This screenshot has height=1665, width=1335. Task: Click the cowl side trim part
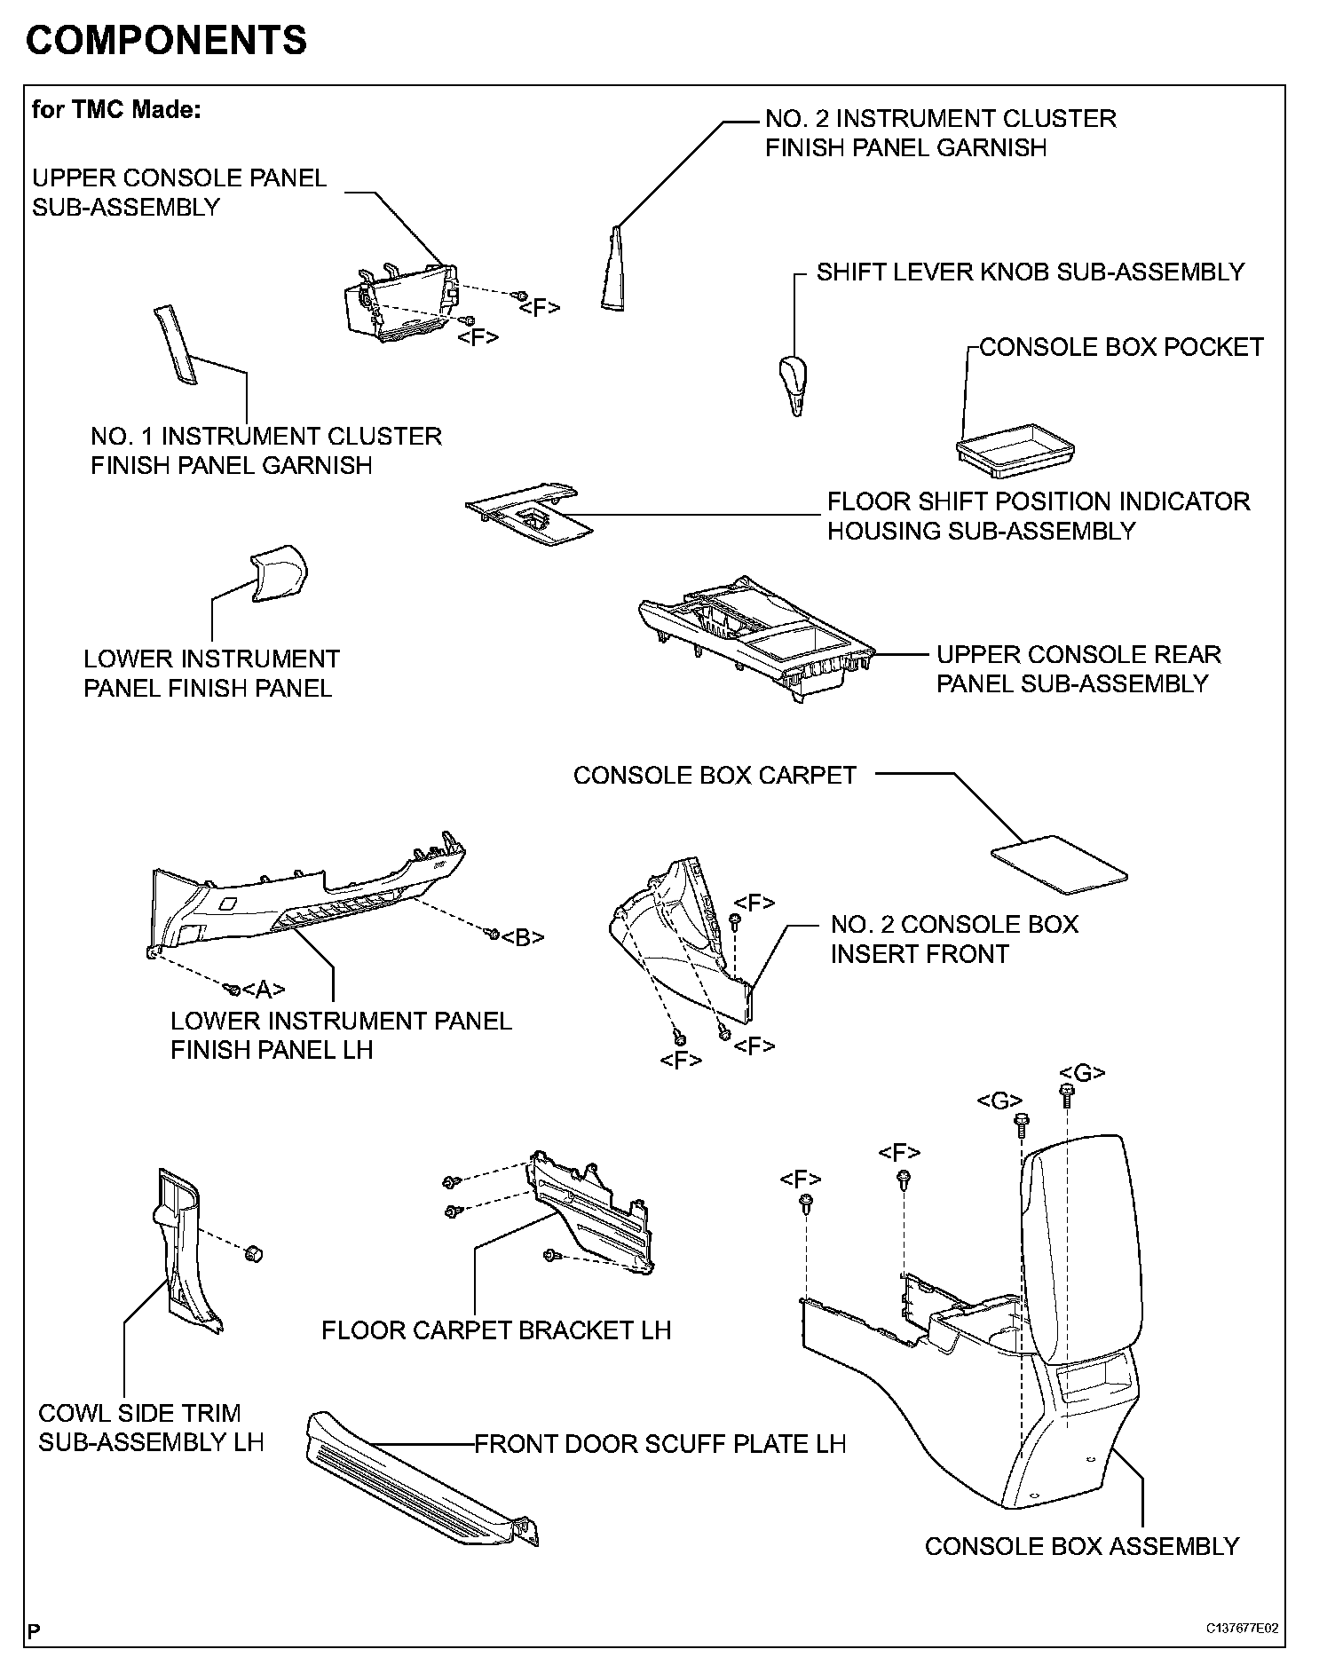[x=182, y=1251]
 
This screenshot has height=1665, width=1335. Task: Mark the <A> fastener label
[x=264, y=989]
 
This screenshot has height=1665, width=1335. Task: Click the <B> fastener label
[x=523, y=937]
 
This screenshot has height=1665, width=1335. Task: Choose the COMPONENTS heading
[x=167, y=41]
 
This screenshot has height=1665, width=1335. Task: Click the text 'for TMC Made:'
[x=117, y=109]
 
